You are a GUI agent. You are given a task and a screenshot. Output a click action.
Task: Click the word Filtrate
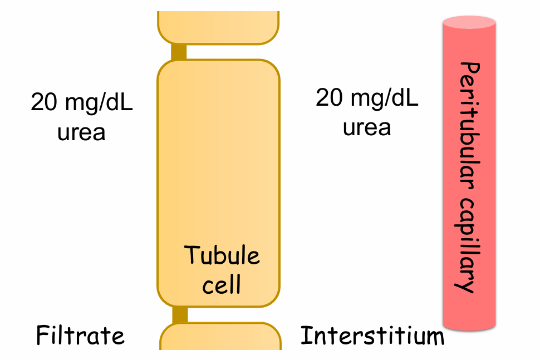[80, 336]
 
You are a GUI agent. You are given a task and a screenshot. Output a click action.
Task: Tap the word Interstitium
[372, 336]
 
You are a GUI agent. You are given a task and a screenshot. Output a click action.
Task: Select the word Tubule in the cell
[222, 256]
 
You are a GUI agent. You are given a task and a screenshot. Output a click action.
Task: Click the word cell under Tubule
[222, 284]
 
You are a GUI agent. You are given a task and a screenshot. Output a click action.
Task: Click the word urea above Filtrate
[81, 132]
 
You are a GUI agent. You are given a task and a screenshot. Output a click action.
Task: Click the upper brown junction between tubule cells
[178, 52]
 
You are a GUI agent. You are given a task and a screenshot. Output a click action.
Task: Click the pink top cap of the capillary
[469, 22]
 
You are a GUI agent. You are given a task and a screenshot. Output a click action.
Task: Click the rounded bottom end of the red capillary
[469, 326]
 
